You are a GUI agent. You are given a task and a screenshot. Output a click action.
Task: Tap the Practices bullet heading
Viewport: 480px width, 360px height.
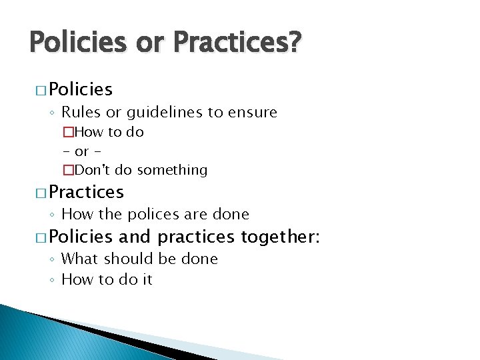87,192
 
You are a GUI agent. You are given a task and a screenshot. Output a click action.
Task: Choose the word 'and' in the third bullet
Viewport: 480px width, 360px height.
135,236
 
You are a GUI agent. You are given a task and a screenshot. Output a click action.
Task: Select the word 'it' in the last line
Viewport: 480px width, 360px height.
147,280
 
